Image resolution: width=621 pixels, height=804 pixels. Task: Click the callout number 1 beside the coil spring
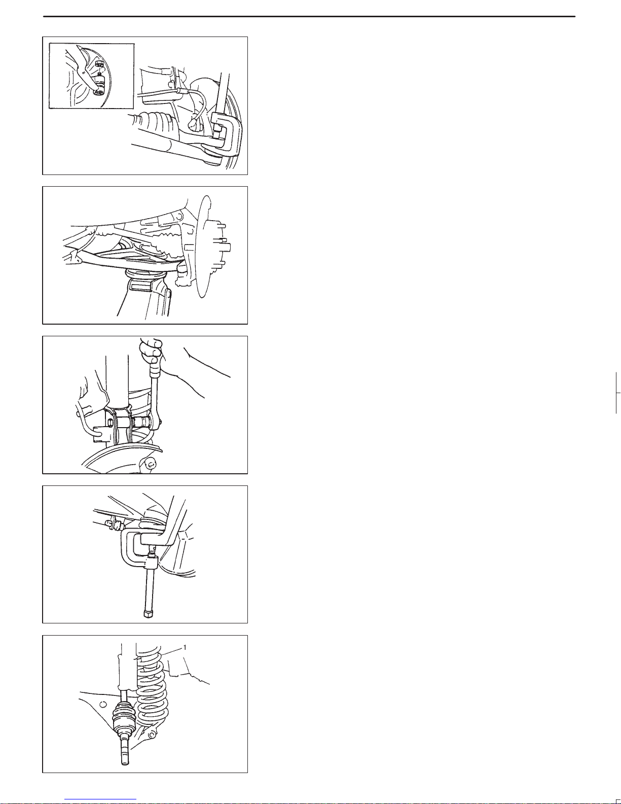click(185, 647)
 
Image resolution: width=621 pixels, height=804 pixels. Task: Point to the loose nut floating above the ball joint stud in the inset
click(99, 63)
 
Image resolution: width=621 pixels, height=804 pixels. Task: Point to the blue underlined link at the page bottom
click(100, 799)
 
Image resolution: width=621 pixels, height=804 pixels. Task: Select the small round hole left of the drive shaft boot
click(103, 704)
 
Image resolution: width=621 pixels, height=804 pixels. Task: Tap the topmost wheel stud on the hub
click(222, 225)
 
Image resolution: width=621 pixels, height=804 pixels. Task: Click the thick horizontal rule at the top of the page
click(309, 16)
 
